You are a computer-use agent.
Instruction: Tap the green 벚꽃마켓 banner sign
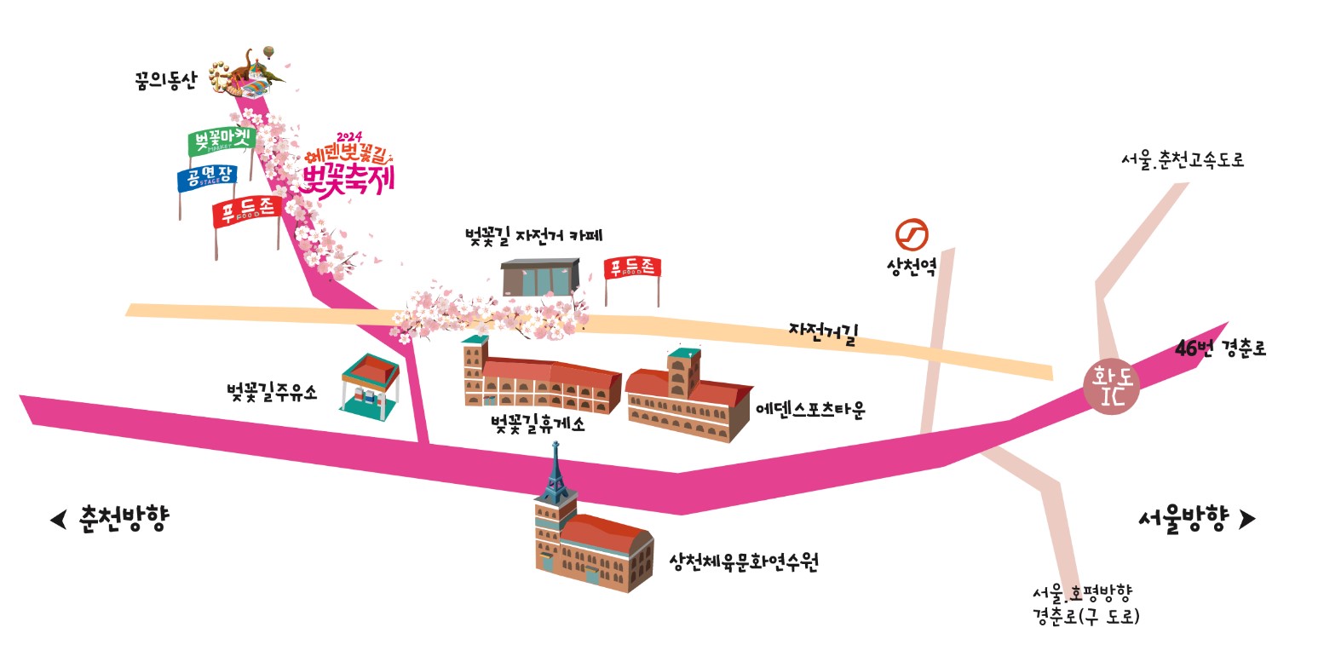pyautogui.click(x=220, y=141)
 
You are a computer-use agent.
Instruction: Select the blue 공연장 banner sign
pyautogui.click(x=206, y=179)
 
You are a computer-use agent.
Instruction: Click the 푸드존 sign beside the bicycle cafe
pyautogui.click(x=631, y=268)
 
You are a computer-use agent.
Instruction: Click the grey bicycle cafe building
pyautogui.click(x=539, y=278)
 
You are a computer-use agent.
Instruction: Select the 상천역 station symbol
pyautogui.click(x=911, y=234)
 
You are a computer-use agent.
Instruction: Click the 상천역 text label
pyautogui.click(x=911, y=268)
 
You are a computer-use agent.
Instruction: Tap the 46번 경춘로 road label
pyautogui.click(x=1220, y=348)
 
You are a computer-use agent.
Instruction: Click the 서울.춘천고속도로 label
pyautogui.click(x=1183, y=159)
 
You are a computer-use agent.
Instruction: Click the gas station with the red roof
pyautogui.click(x=370, y=389)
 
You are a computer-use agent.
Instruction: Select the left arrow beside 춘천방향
pyautogui.click(x=58, y=519)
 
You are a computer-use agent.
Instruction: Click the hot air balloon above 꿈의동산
pyautogui.click(x=268, y=53)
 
